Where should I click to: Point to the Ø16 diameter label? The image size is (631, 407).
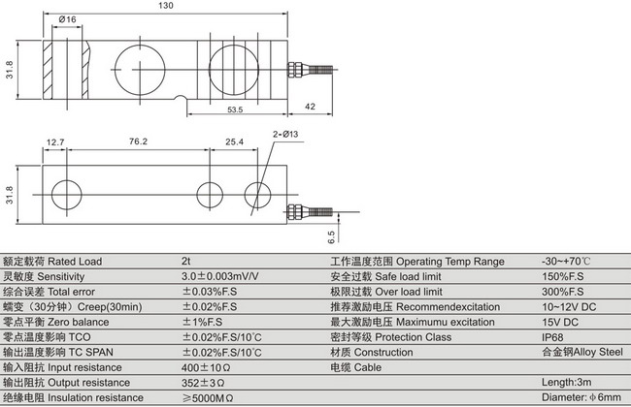click(68, 19)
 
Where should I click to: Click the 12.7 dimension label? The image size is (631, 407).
click(55, 142)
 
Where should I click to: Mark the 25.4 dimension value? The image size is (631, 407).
click(234, 142)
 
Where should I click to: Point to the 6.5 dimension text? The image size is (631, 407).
click(330, 234)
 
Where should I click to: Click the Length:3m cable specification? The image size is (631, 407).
click(569, 382)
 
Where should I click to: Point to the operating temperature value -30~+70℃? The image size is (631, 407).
click(567, 262)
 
